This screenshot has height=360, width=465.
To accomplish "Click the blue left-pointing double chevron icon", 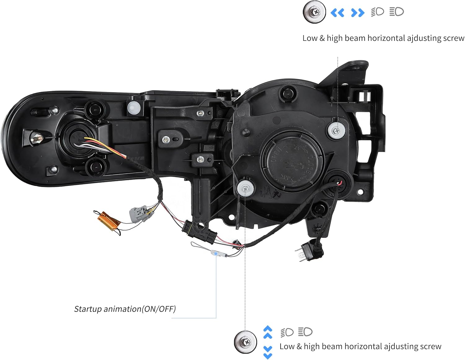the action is [337, 13].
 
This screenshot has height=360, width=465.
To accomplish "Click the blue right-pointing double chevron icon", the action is [357, 13].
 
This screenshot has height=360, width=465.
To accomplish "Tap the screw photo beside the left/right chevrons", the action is [314, 12].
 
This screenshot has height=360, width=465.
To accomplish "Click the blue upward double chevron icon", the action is [268, 332].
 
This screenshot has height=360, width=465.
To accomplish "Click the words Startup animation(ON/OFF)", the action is [125, 309].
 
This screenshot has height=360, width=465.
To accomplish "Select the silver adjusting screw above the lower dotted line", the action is [246, 188].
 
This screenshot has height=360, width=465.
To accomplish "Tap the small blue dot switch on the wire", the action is [216, 254].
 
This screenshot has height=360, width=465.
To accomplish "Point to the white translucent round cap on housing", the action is [134, 107].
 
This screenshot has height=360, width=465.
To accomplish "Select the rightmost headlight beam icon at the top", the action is [396, 12].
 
